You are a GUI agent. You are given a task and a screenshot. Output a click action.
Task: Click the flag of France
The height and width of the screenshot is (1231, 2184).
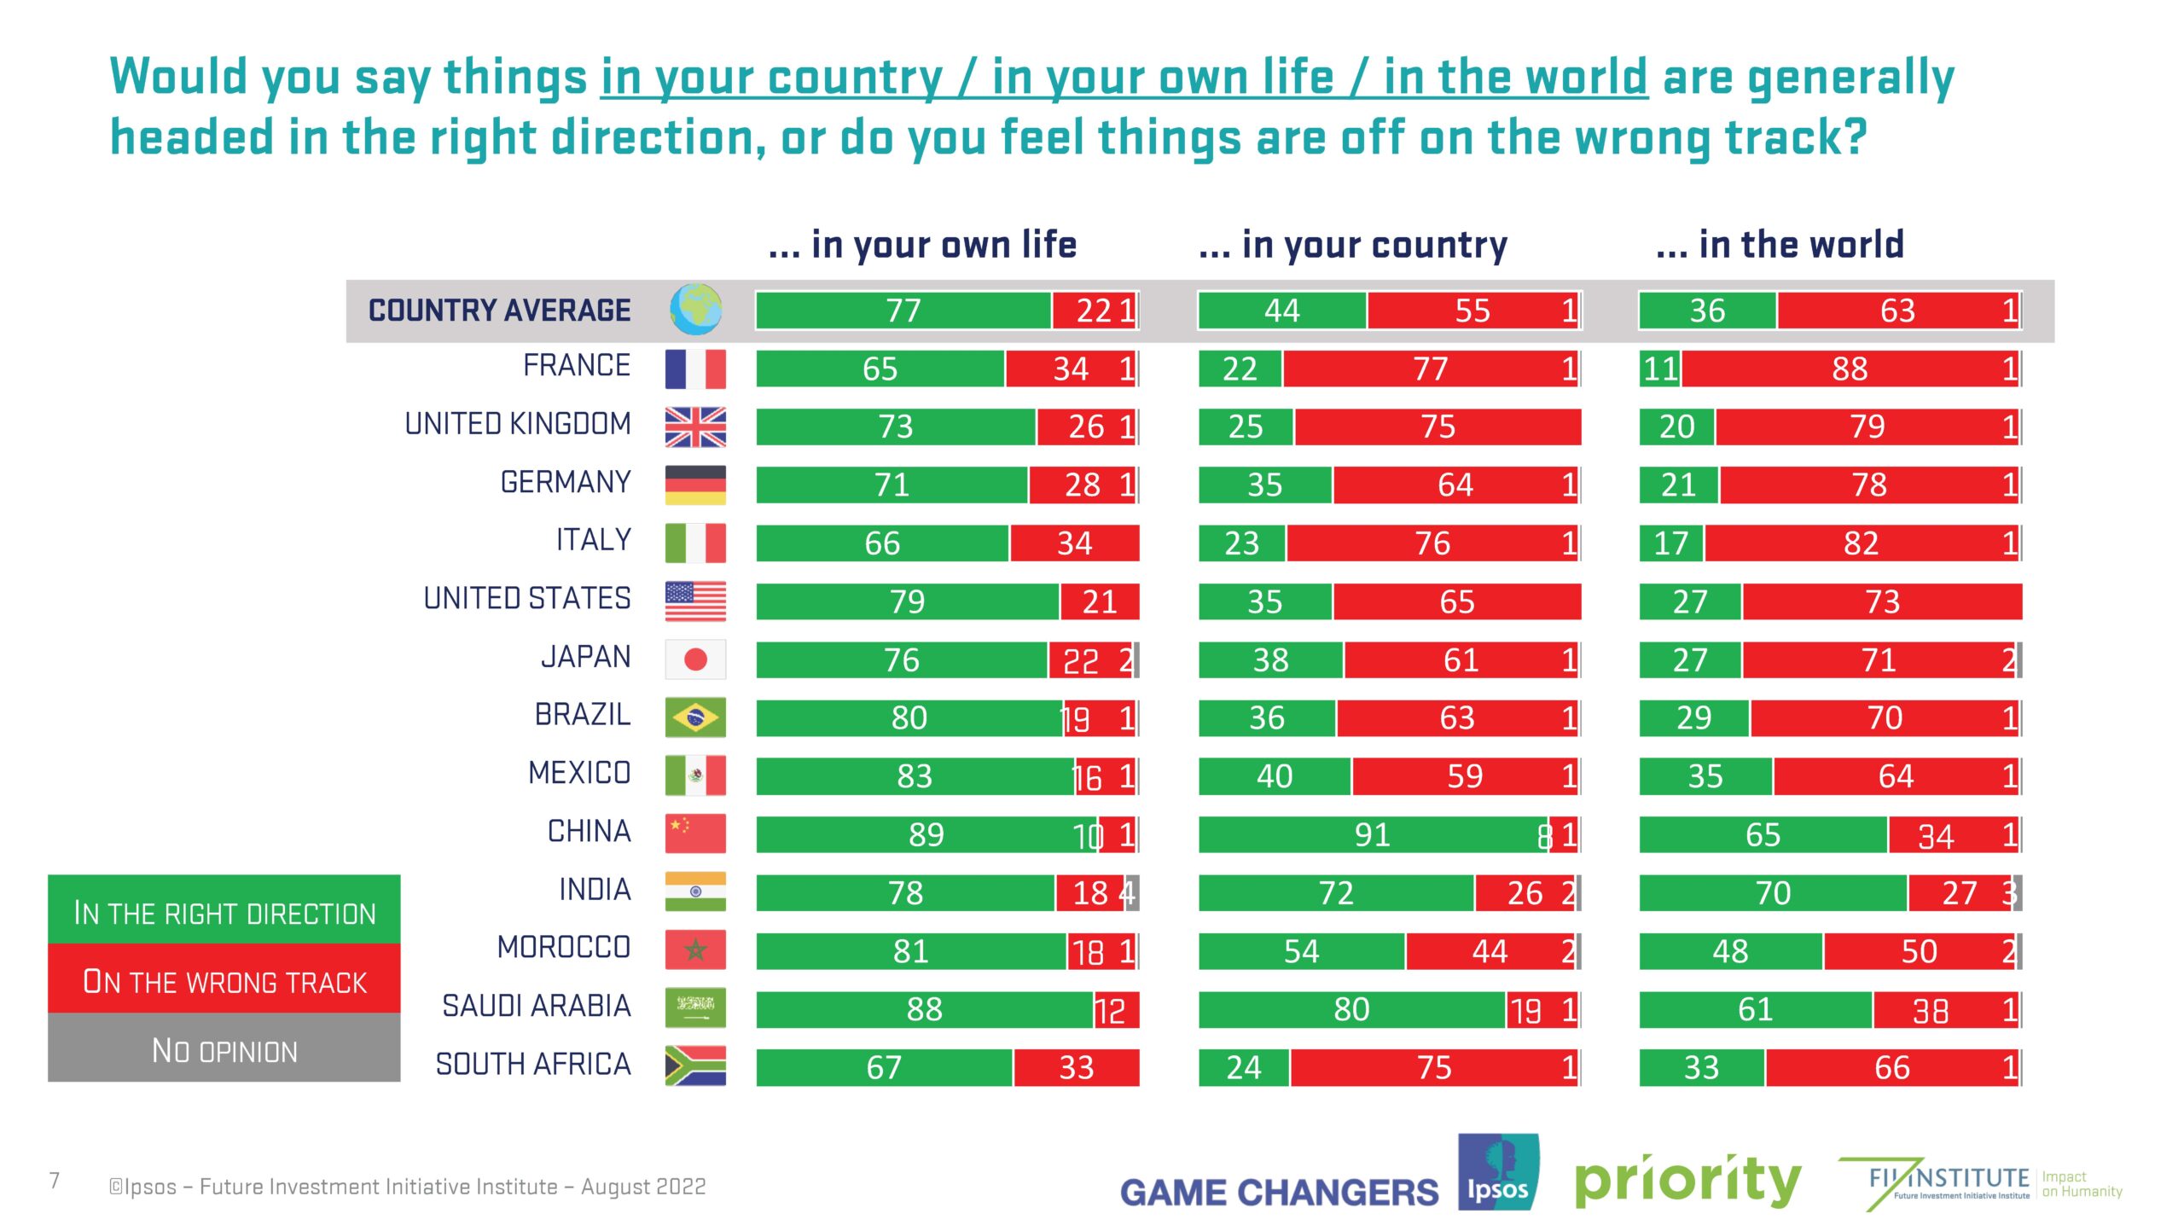695,369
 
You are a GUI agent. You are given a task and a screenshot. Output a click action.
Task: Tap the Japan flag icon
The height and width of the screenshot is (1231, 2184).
695,659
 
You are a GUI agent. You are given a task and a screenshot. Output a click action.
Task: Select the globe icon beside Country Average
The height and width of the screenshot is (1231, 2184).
695,310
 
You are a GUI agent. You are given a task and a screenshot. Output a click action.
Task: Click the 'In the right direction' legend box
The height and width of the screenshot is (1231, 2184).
224,911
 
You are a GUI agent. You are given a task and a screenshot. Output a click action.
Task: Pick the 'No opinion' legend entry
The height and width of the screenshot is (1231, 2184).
224,1049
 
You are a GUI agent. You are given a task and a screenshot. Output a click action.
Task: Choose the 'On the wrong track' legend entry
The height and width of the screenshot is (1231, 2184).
224,980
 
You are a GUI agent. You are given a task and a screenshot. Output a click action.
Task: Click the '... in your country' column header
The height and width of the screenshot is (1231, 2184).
1352,246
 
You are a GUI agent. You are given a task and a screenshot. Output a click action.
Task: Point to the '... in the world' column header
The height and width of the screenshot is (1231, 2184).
1780,246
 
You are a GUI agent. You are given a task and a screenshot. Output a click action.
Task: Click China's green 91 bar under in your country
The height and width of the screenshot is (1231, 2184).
1372,834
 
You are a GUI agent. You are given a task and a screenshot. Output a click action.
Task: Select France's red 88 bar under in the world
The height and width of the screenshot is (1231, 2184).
1849,369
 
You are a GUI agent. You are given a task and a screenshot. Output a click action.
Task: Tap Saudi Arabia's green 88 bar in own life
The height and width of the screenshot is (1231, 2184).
924,1009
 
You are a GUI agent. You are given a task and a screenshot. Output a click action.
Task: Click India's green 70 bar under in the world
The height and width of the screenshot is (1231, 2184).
1773,893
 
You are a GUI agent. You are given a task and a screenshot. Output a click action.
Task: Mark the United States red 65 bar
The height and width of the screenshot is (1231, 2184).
1456,601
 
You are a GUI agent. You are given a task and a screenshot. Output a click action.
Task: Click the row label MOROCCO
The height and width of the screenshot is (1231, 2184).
564,948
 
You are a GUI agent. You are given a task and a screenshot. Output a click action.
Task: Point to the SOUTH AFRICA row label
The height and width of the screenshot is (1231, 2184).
533,1065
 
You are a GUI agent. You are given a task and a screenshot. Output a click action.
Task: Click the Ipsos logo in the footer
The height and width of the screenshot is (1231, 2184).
1497,1173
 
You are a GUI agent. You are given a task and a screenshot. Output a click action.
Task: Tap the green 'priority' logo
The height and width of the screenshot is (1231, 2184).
1687,1182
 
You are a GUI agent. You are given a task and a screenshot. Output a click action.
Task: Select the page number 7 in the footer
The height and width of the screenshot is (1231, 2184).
55,1181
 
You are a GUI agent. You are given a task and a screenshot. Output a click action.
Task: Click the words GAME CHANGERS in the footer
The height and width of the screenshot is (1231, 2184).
1279,1193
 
